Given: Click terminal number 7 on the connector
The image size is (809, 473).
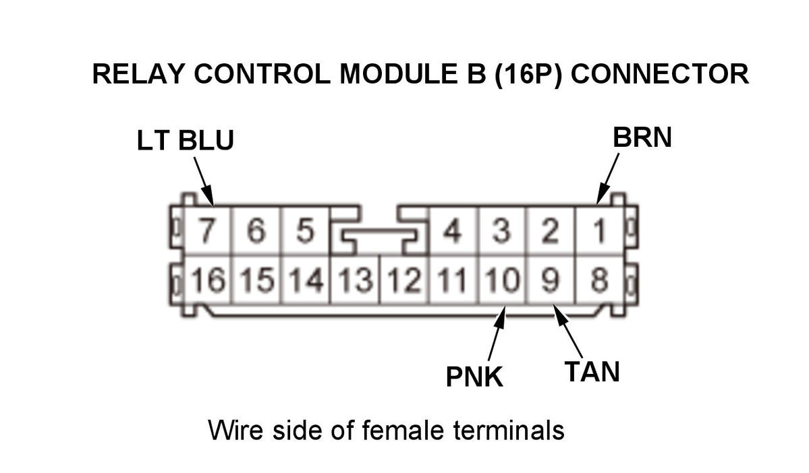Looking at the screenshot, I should coord(207,232).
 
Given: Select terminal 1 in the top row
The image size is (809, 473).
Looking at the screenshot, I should coord(598,232).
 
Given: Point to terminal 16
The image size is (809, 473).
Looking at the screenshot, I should coord(207,280).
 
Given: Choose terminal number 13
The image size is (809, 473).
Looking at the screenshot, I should coord(355,280).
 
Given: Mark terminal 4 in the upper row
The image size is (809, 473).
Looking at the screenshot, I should coord(452,232).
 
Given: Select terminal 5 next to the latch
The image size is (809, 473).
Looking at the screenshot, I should coord(305,232).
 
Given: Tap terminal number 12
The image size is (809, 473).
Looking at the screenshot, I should coord(403,280).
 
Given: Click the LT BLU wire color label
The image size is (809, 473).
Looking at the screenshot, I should coord(185,141).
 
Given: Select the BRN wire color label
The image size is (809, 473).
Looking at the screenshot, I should coord(642,137).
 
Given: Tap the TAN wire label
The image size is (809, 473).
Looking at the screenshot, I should coord(592,371).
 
